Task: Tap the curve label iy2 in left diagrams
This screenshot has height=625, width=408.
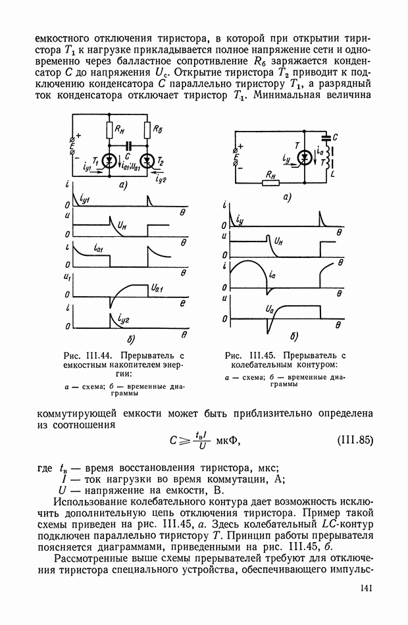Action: pyautogui.click(x=122, y=320)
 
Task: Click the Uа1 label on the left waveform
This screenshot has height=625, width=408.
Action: pyautogui.click(x=157, y=287)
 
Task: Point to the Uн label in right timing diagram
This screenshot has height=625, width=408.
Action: pyautogui.click(x=278, y=241)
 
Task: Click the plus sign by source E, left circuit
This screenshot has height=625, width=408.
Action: pyautogui.click(x=79, y=136)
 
